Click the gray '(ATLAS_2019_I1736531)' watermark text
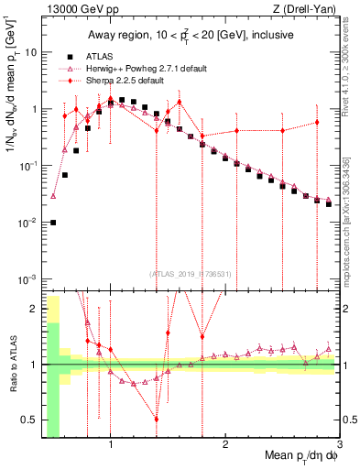[190, 274]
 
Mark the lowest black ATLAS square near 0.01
[53, 223]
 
